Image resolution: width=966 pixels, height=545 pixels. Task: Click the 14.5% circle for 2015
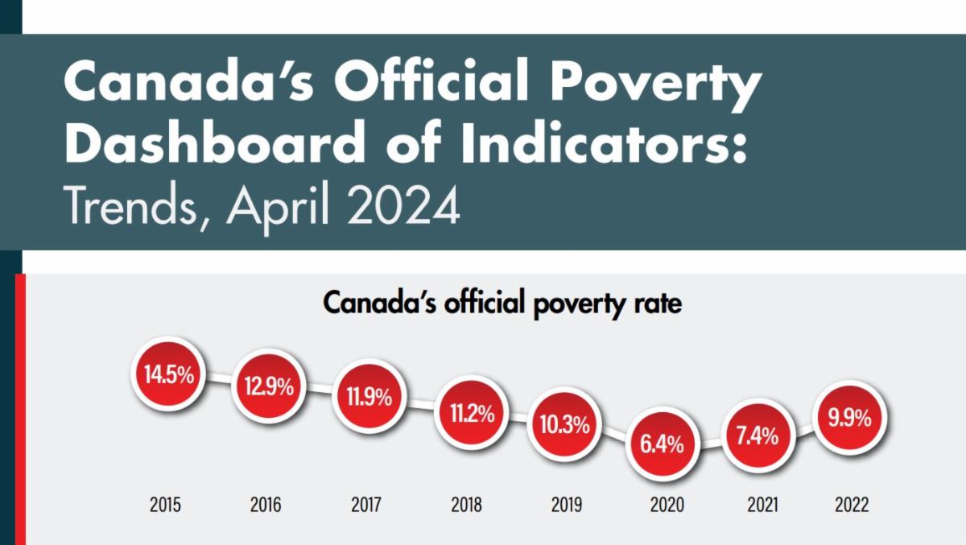tap(168, 374)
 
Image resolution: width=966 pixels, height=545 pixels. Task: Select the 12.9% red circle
tap(269, 386)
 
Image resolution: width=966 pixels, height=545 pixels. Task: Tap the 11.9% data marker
tap(369, 396)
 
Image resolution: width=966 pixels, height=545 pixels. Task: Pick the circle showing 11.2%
tap(472, 413)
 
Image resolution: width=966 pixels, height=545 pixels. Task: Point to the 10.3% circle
tap(564, 425)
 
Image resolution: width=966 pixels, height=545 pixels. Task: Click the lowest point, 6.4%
tap(663, 444)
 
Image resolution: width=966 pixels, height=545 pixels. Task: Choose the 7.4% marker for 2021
tap(758, 436)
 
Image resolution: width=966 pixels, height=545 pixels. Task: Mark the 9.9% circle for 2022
tap(849, 418)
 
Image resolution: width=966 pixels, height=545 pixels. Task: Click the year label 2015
tap(165, 505)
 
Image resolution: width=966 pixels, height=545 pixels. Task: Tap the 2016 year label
tap(266, 505)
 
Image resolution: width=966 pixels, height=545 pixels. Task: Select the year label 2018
tap(466, 505)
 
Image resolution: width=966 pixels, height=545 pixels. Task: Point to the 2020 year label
tap(667, 505)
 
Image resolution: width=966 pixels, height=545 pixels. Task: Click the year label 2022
tap(852, 505)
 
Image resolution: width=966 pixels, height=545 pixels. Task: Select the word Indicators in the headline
tap(603, 142)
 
